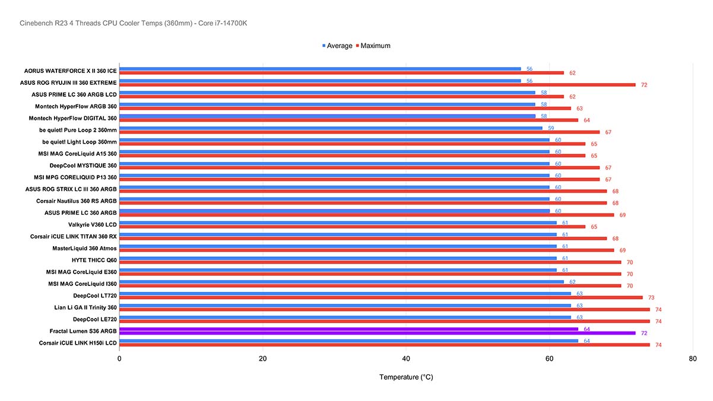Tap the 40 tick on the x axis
[406, 358]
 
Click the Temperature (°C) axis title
[406, 377]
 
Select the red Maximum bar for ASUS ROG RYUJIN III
[377, 85]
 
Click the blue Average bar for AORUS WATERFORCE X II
[320, 69]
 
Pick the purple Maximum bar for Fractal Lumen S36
[377, 333]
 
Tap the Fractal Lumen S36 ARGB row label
[83, 331]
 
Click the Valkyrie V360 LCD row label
[93, 225]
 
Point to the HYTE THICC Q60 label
[94, 260]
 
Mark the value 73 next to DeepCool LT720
[651, 298]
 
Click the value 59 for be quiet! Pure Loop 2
[551, 128]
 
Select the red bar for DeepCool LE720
[384, 322]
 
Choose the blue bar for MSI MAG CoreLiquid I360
[341, 282]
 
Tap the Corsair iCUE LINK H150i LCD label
[78, 343]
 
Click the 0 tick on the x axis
[119, 358]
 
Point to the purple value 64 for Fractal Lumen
[587, 329]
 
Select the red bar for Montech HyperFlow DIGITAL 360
[348, 120]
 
